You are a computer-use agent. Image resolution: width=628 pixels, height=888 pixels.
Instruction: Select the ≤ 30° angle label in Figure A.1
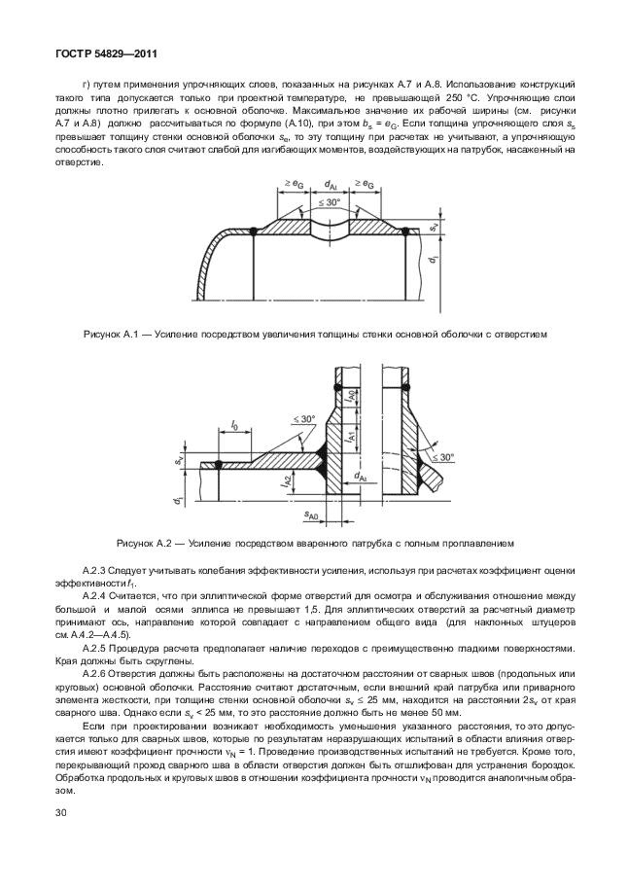[331, 202]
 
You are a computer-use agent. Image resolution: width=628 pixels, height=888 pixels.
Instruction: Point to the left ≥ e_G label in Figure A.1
[293, 184]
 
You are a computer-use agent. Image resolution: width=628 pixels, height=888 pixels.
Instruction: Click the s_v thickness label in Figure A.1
[433, 228]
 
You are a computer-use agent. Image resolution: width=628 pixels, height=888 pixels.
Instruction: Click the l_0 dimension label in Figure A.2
[235, 427]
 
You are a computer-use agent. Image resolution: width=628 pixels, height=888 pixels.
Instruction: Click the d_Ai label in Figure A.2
[361, 478]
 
